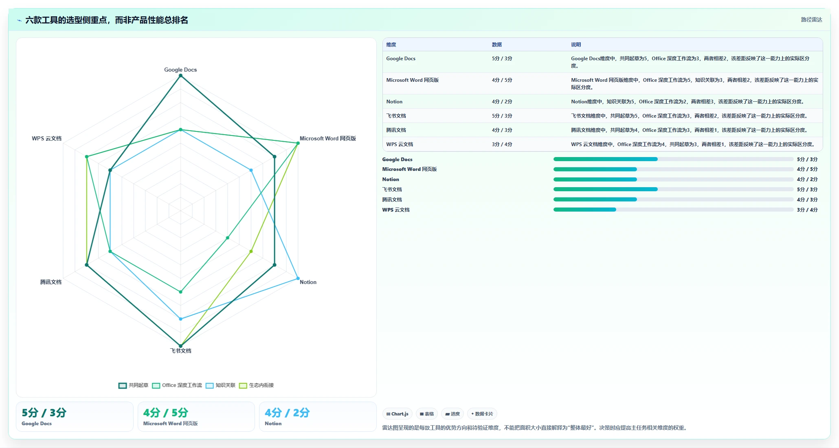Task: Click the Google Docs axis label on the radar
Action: [180, 70]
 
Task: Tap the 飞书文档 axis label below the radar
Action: [180, 351]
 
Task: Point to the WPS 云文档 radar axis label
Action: [47, 138]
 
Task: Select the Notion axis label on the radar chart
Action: [308, 282]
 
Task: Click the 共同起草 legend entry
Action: [134, 385]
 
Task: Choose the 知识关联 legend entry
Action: [220, 385]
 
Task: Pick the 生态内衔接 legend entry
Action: [256, 385]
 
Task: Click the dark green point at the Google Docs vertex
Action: [180, 76]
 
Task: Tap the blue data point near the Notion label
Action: [298, 278]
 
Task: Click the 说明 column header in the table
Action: [576, 45]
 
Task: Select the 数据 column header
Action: [497, 45]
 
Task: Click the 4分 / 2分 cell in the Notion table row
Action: [502, 102]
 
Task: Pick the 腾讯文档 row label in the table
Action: [396, 130]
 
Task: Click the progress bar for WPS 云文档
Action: [673, 210]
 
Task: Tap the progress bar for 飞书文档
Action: [673, 189]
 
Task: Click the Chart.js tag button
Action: [398, 414]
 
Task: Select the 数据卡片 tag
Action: [482, 414]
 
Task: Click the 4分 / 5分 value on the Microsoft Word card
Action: [165, 413]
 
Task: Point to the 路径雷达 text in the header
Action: [811, 20]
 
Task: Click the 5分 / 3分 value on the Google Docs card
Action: [44, 413]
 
